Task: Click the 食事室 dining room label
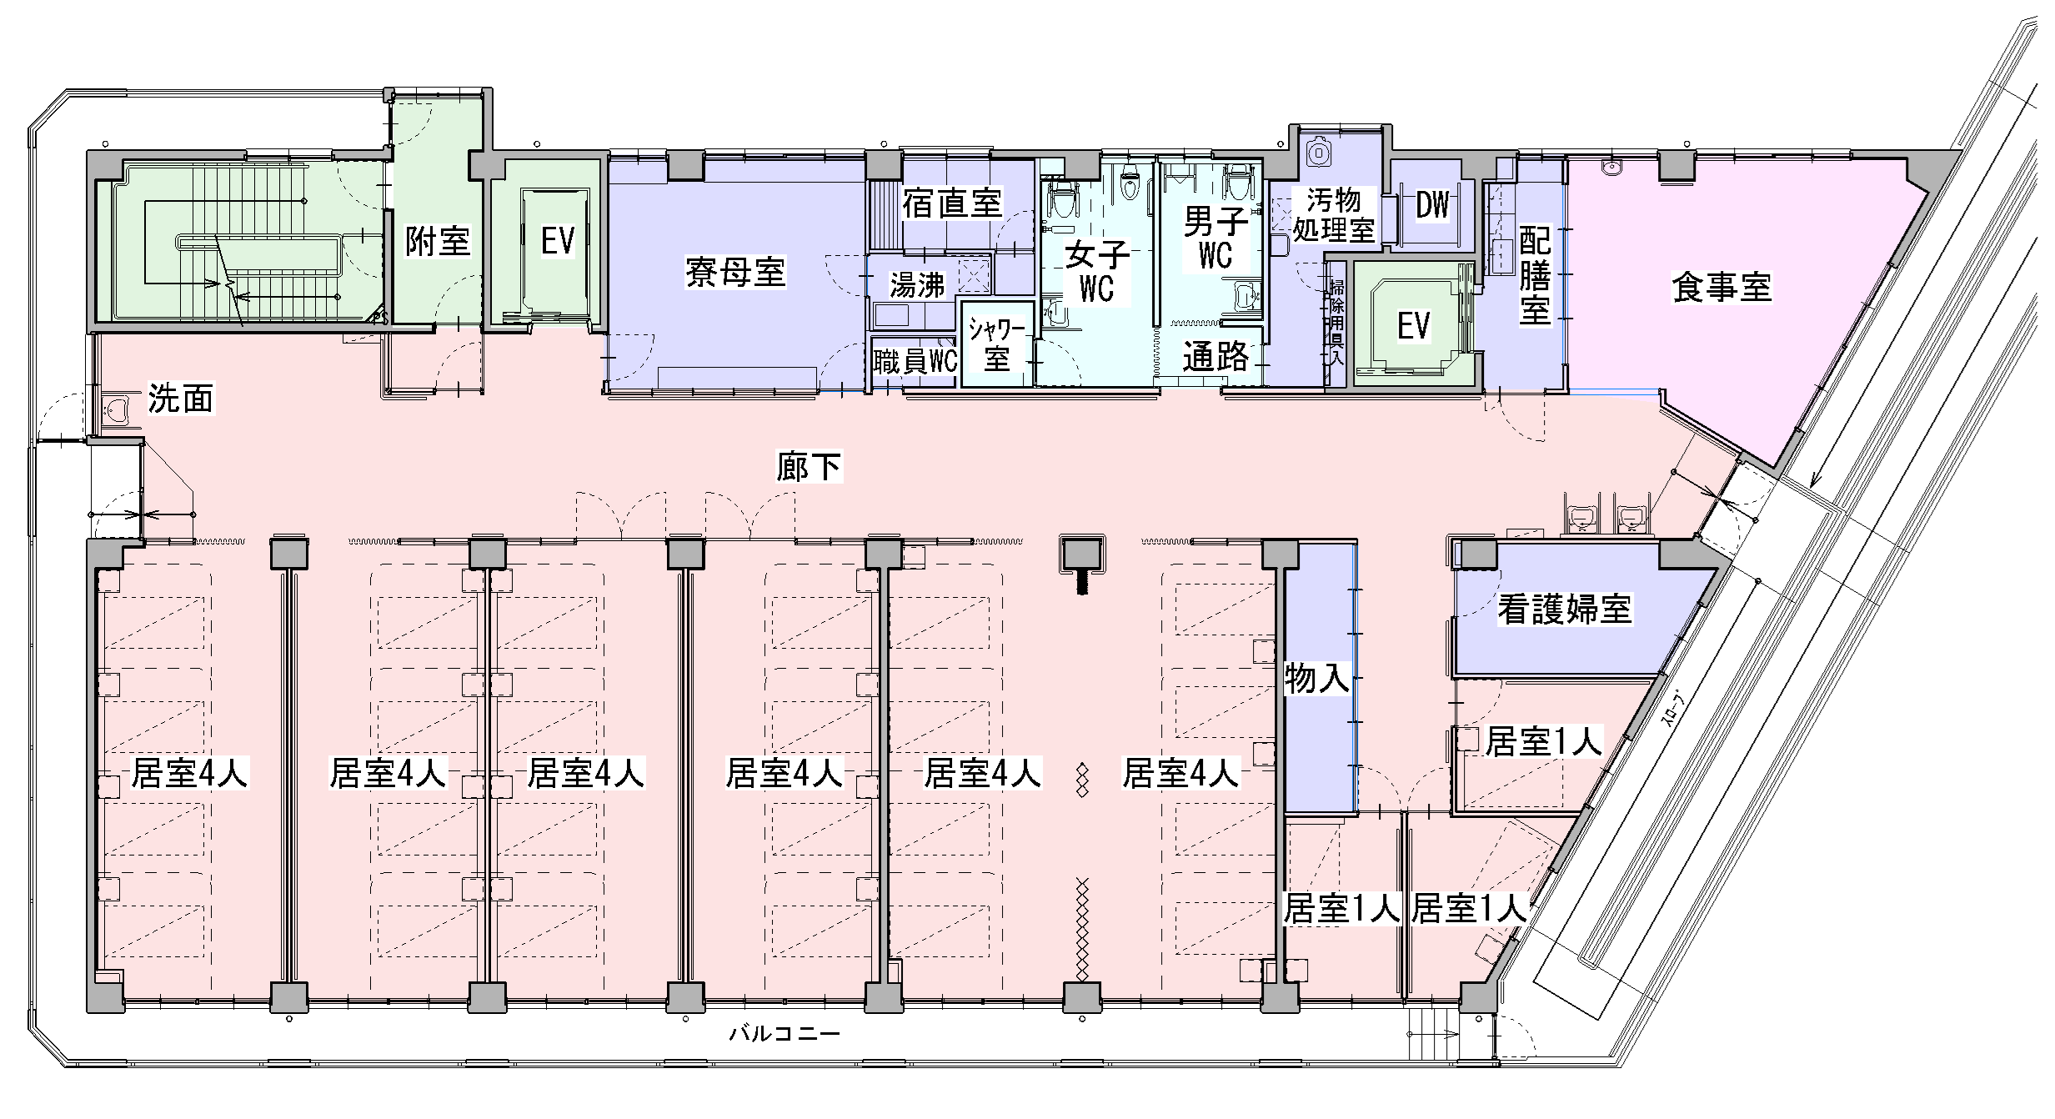(1721, 288)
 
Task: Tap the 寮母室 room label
(735, 273)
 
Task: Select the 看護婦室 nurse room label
(1564, 610)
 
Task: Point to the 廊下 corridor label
(808, 467)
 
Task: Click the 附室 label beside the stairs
(438, 241)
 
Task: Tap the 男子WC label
(1215, 238)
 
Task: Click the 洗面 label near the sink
(181, 399)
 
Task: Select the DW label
(1432, 205)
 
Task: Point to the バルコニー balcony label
(784, 1034)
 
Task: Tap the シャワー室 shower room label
(997, 344)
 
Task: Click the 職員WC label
(915, 363)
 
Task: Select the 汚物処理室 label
(1334, 214)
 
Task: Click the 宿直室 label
(952, 203)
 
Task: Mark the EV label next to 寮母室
(558, 242)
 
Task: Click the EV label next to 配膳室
(1414, 326)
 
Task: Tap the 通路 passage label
(1216, 357)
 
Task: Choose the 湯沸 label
(917, 285)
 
